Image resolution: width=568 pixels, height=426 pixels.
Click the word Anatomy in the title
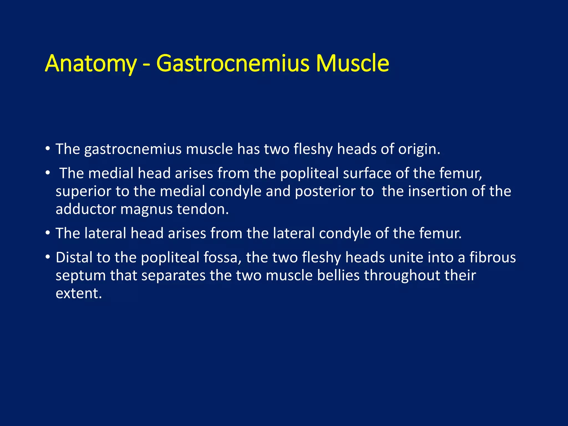tap(90, 64)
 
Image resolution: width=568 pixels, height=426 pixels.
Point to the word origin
tap(419, 149)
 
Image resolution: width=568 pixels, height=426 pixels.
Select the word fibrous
tap(493, 258)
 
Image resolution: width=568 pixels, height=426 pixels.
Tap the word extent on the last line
tap(78, 293)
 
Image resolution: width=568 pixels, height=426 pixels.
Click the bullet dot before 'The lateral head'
tap(48, 233)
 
